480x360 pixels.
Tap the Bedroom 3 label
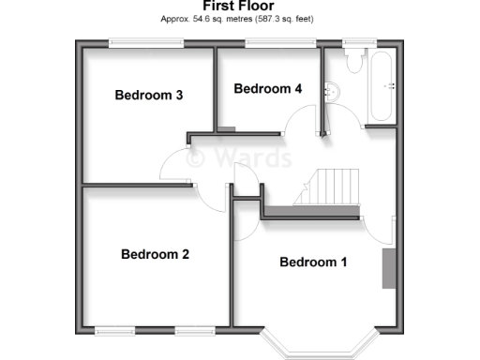[x=148, y=95]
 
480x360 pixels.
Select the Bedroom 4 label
[x=267, y=89]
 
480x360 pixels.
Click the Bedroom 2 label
[x=155, y=254]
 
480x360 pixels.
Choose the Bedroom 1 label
[x=313, y=262]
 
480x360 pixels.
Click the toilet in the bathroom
[x=354, y=62]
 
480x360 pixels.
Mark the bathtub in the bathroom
[x=382, y=86]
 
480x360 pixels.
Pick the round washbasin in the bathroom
[x=330, y=91]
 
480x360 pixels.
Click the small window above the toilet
[x=354, y=42]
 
